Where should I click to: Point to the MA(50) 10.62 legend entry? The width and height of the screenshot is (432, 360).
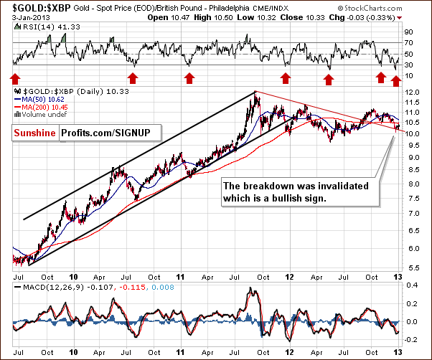click(x=47, y=100)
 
